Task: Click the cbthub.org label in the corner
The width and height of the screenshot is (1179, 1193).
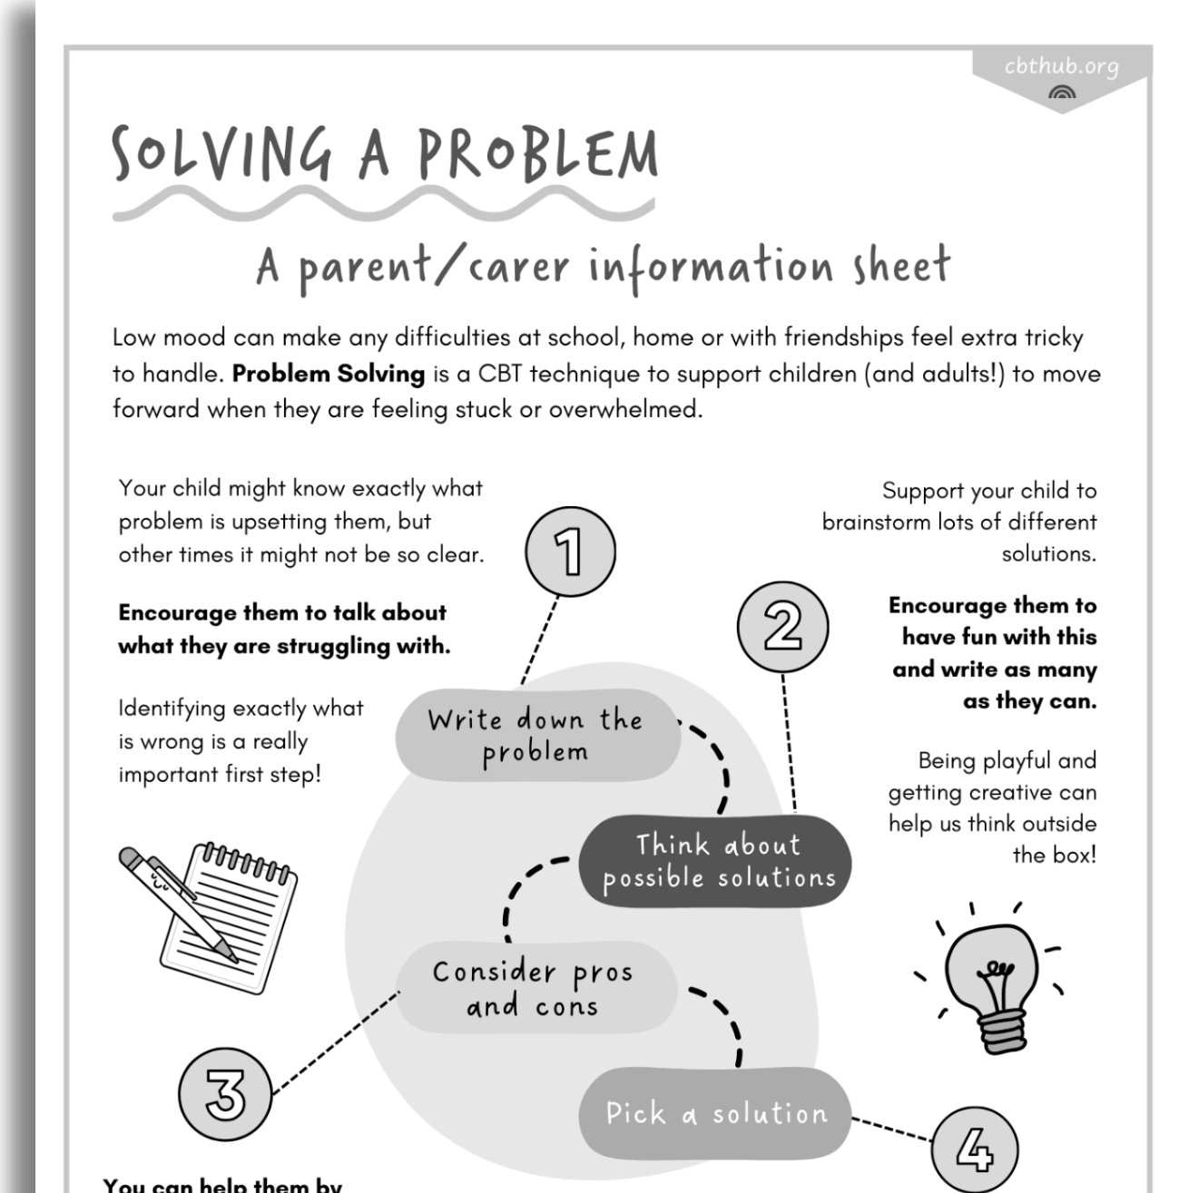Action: click(1061, 67)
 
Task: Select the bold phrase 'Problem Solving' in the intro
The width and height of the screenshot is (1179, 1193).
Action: click(329, 374)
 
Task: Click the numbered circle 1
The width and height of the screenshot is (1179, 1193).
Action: click(570, 552)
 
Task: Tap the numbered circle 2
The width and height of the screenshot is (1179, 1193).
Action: click(782, 627)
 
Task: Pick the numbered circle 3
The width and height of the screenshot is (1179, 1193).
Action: click(225, 1092)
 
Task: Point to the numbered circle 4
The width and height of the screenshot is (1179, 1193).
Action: click(975, 1149)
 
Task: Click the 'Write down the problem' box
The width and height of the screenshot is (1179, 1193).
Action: click(537, 736)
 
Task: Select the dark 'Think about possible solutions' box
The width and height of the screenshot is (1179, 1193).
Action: click(716, 861)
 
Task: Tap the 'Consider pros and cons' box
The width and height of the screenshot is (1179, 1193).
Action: click(535, 988)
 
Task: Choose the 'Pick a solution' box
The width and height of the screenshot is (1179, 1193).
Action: click(715, 1113)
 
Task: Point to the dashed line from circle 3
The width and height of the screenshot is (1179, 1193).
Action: click(336, 1041)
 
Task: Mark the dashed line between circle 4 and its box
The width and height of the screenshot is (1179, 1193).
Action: click(891, 1129)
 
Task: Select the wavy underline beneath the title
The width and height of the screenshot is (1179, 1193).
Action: click(381, 204)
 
